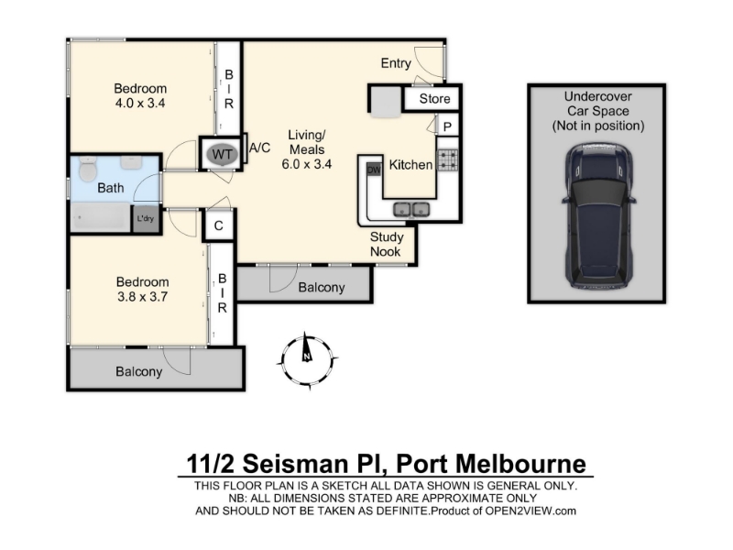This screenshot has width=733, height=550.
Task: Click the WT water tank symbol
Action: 222,154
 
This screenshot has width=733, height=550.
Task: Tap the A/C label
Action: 259,148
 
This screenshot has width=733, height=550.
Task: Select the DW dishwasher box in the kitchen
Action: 374,170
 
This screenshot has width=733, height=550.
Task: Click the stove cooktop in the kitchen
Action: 447,159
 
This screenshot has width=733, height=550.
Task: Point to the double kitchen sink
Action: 411,209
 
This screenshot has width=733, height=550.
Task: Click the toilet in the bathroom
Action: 87,169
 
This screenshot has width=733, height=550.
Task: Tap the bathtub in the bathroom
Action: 101,217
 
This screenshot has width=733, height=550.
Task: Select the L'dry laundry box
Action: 146,218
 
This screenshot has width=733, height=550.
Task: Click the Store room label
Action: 434,99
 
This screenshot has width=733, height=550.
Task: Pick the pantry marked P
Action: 447,126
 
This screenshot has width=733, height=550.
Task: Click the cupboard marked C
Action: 218,225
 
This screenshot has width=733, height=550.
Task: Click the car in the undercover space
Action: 598,216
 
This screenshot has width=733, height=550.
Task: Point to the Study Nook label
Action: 386,244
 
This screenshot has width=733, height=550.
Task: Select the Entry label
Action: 396,63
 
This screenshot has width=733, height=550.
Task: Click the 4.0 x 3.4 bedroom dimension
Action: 140,103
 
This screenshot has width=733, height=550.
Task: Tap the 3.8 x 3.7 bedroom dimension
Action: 142,296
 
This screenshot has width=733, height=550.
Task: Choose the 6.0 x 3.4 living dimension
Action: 307,164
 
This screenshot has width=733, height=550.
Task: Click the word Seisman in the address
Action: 295,464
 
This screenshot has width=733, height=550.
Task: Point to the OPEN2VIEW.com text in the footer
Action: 531,511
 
